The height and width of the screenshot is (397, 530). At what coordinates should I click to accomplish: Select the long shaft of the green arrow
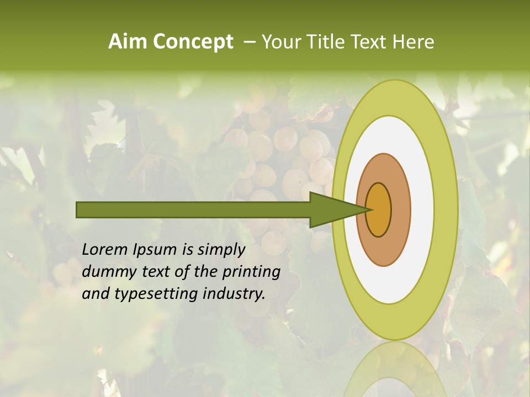coord(193,210)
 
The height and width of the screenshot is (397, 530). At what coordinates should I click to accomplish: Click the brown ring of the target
coord(401,210)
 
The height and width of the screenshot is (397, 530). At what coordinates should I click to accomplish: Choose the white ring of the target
coord(422,210)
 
